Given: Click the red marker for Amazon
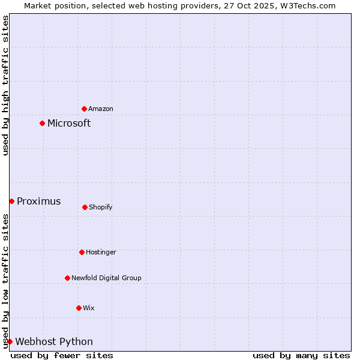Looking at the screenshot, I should tap(85, 109).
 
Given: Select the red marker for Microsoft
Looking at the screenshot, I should tap(43, 124).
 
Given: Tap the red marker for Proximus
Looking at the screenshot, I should tap(11, 201).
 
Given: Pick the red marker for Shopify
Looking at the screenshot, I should tap(85, 207).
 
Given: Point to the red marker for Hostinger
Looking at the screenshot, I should tap(82, 252).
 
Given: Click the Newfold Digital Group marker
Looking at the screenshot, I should tap(67, 278).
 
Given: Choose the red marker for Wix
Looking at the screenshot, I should tap(79, 308).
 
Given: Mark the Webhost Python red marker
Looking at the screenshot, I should tap(10, 341).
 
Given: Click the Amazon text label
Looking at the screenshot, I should tap(101, 109).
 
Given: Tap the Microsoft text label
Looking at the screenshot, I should tap(69, 124).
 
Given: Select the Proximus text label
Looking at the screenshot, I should tap(38, 202).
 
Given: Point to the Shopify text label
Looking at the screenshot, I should tap(101, 207).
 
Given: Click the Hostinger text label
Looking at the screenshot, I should tap(101, 252).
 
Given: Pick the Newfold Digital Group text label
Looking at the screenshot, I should tap(106, 278).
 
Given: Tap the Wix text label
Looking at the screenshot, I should tap(89, 308).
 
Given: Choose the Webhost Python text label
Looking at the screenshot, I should tap(54, 342).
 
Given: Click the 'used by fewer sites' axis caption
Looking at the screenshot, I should tap(62, 355).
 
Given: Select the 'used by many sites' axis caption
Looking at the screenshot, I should tap(301, 355).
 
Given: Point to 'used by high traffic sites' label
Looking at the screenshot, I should tap(5, 86).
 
